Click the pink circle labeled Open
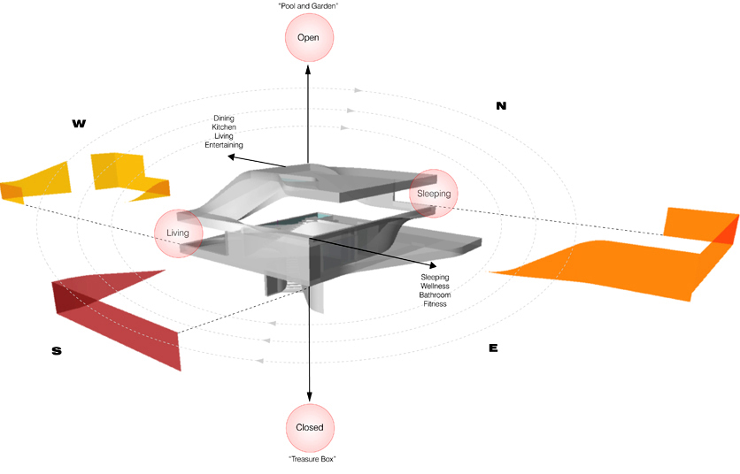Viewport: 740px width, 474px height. (x=308, y=37)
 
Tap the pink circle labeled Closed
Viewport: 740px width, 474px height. (x=310, y=427)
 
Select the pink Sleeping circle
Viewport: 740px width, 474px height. (x=434, y=194)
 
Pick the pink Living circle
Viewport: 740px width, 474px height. (x=179, y=233)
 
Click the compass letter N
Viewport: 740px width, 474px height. (x=501, y=106)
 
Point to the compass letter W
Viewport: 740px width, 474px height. (x=79, y=124)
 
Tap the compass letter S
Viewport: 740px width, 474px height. (x=57, y=351)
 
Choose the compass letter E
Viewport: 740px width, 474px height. (x=493, y=348)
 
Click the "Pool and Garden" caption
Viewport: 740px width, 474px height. (x=308, y=6)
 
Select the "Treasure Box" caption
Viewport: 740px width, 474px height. (x=310, y=459)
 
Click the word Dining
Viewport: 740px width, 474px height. (x=224, y=119)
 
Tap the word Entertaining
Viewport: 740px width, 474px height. (x=224, y=145)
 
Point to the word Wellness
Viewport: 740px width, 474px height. (x=435, y=286)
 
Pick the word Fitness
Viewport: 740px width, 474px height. (x=435, y=303)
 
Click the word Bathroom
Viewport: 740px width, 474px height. (x=435, y=294)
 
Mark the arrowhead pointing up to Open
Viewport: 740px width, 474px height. (x=308, y=68)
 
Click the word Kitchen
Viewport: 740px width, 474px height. (x=224, y=127)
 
